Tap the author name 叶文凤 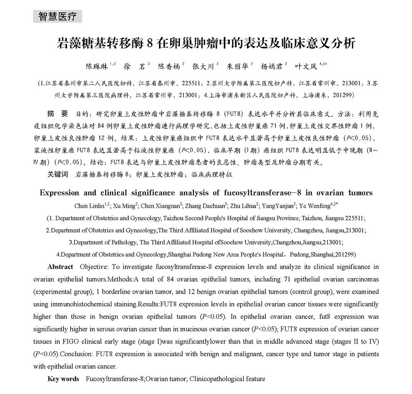[305, 66]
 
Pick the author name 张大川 [203, 66]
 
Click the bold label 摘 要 [58, 113]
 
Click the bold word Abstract [60, 267]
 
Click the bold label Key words [63, 379]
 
